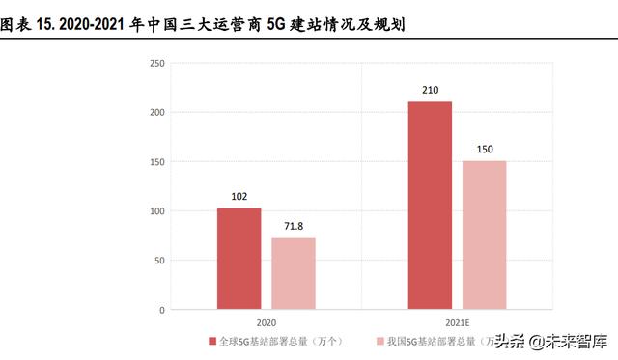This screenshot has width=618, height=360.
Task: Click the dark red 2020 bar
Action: [239, 259]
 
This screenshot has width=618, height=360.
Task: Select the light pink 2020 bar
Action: [293, 274]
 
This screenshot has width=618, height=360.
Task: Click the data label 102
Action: [239, 196]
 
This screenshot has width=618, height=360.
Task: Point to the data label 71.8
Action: [293, 226]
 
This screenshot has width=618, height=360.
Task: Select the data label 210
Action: [430, 90]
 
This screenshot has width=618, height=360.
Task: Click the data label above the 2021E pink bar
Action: [484, 150]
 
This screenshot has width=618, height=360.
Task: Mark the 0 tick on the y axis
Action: [162, 310]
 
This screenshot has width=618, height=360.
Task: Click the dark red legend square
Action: [212, 342]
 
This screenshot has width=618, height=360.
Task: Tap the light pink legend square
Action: [379, 342]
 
